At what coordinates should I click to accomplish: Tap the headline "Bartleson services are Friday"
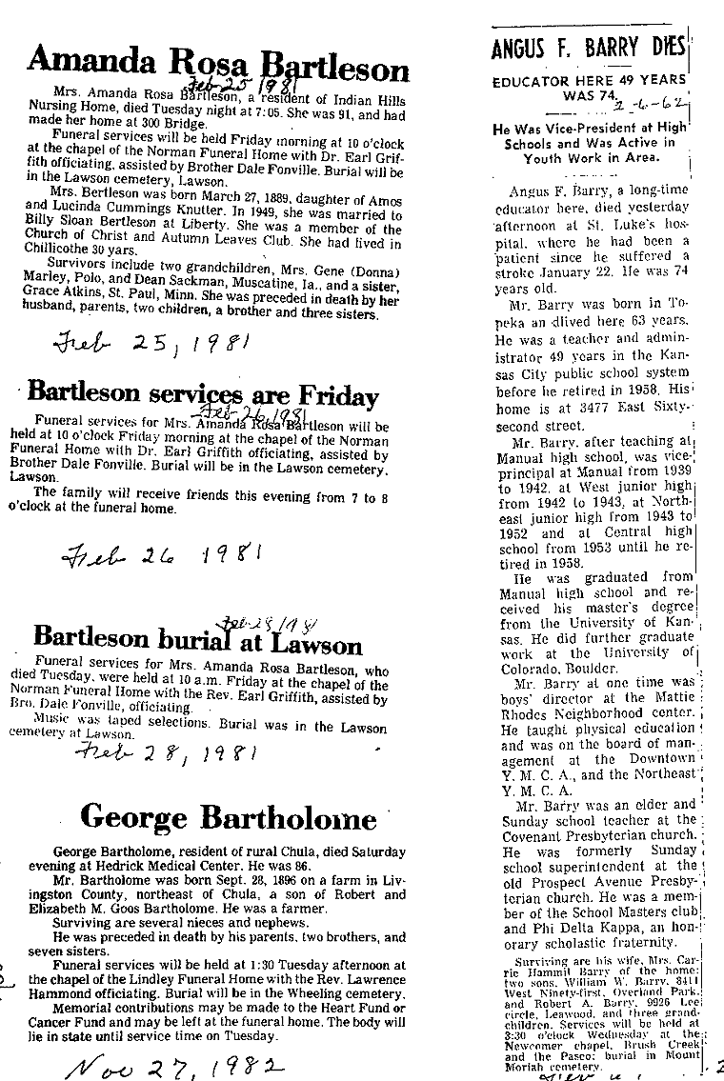(203, 393)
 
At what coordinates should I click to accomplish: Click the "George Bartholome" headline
(228, 816)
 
